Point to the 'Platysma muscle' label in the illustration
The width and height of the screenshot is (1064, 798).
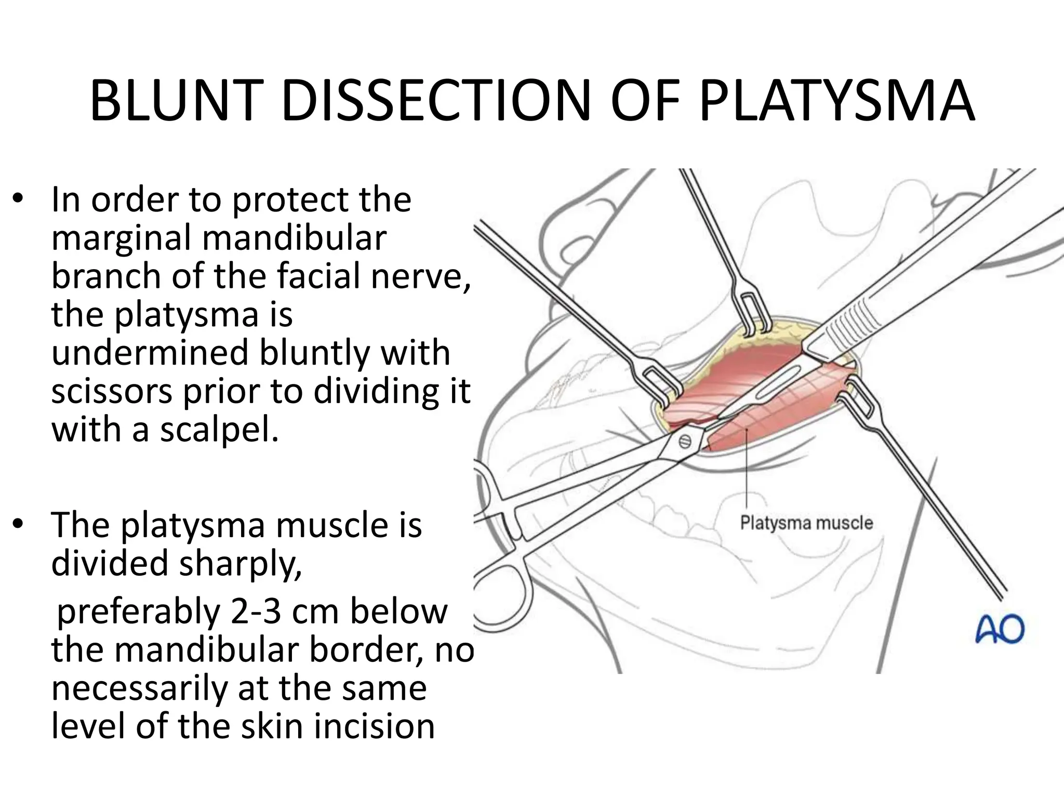[x=806, y=522]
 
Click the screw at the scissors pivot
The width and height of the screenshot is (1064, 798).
[x=685, y=442]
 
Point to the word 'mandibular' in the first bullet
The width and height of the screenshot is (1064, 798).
[x=294, y=238]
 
